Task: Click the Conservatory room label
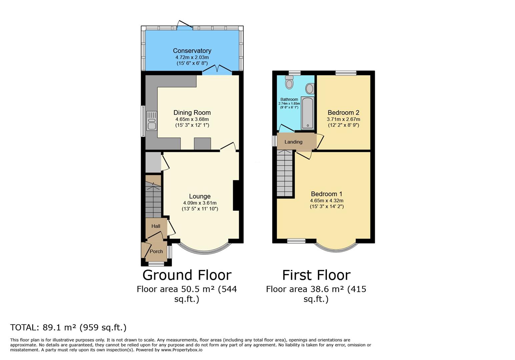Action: click(x=192, y=51)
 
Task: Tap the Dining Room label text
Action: click(x=192, y=113)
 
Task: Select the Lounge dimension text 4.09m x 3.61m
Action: click(x=200, y=203)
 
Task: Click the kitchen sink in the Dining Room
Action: click(x=151, y=120)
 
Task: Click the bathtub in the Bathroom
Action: click(x=307, y=113)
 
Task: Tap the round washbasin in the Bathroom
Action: click(x=310, y=89)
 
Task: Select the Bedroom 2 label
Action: click(x=343, y=113)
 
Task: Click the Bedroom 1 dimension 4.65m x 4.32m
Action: click(x=327, y=201)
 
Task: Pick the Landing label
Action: click(x=293, y=142)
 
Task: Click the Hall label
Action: click(x=156, y=226)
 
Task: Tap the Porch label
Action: click(x=156, y=251)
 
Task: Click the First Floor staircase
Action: click(x=285, y=173)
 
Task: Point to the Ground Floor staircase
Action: click(x=153, y=200)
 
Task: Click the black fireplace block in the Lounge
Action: click(x=236, y=195)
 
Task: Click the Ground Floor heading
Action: click(x=187, y=275)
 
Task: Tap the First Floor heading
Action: click(x=316, y=275)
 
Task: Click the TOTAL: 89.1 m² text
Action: click(x=68, y=327)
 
